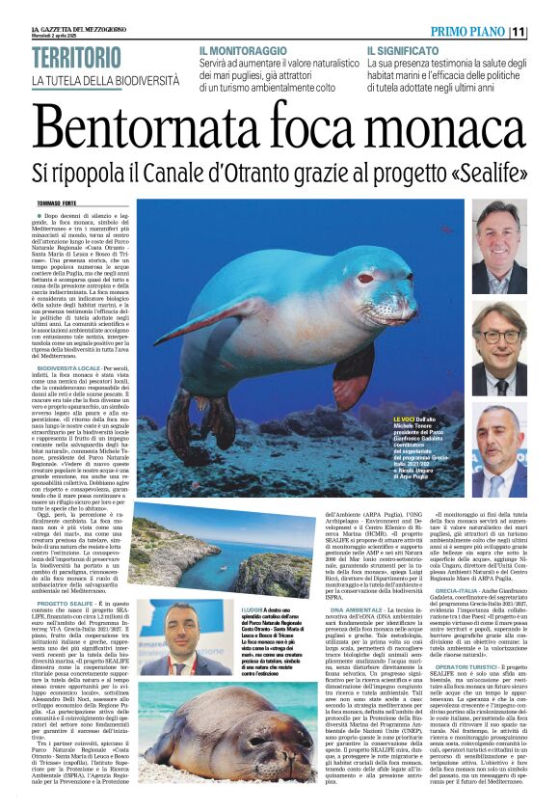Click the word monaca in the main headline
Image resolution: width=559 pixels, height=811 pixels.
446,127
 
